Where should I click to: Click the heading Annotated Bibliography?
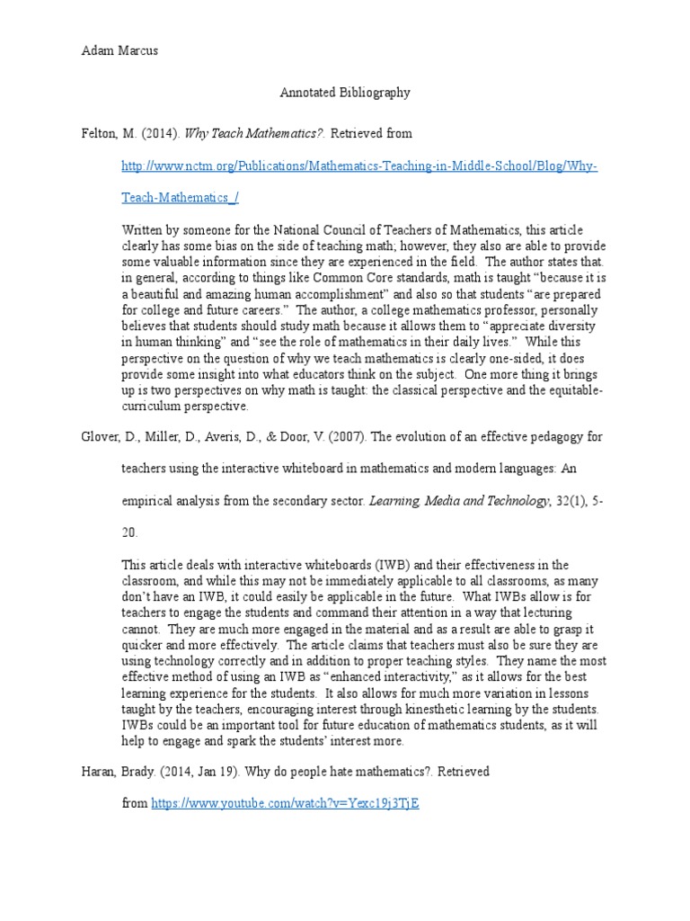click(345, 92)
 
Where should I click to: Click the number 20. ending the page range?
click(130, 533)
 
